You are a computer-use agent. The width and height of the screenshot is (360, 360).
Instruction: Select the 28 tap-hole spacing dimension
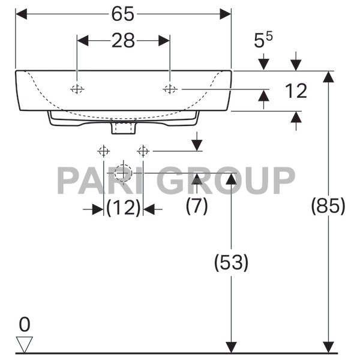click(124, 41)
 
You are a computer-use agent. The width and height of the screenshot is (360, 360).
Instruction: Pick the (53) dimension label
click(231, 262)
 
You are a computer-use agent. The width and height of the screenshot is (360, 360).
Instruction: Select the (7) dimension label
click(196, 206)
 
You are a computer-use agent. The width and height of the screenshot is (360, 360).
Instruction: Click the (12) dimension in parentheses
click(123, 208)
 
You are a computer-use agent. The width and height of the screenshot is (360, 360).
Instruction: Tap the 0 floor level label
click(24, 325)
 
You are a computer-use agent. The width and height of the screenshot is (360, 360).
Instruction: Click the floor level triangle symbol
click(25, 344)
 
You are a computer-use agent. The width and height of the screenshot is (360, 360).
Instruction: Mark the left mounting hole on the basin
click(77, 89)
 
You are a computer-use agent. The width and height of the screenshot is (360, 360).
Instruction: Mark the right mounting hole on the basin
click(170, 89)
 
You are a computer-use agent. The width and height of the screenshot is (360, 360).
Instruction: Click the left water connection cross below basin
click(103, 150)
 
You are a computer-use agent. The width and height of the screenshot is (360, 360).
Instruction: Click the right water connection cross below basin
click(143, 150)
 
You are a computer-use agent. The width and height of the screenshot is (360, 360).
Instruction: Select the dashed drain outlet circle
click(123, 172)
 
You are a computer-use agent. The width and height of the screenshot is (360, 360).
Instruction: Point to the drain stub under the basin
click(124, 128)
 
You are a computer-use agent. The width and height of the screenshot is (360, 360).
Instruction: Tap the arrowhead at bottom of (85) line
click(328, 347)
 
